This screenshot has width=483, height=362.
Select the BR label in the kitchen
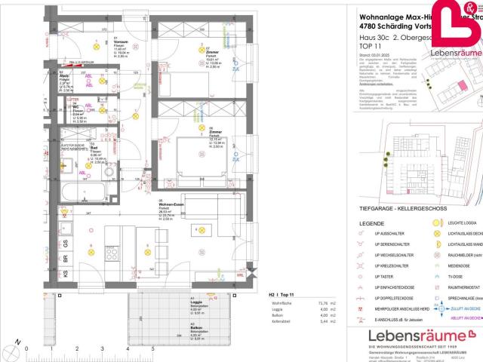(65, 259)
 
